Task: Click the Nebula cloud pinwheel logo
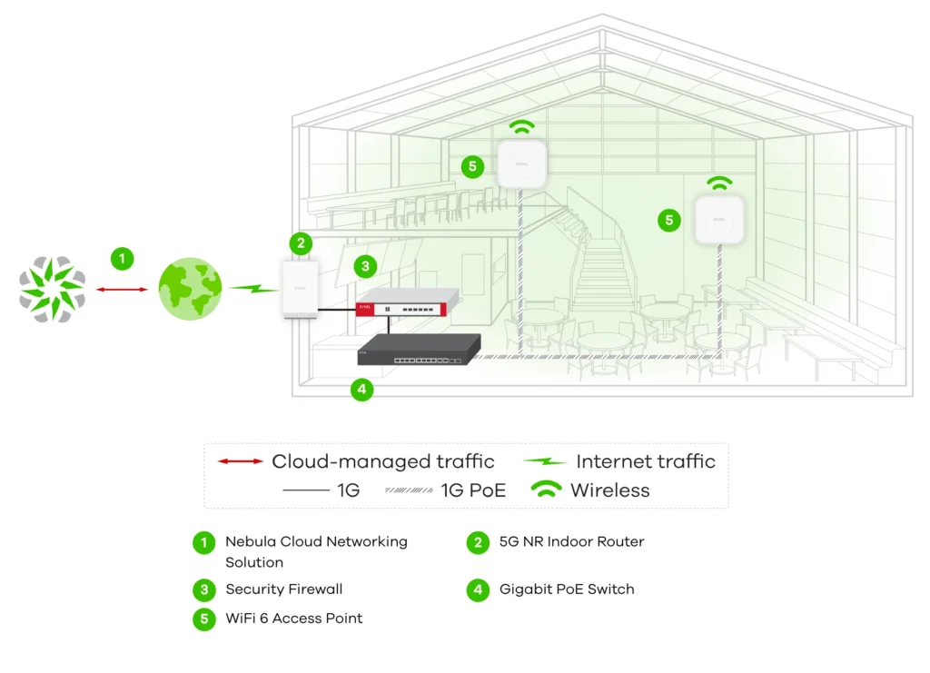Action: point(53,289)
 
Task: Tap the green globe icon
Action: point(191,289)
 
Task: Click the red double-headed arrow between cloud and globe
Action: point(121,289)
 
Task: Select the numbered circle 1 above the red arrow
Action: point(122,258)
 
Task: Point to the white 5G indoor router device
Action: point(299,289)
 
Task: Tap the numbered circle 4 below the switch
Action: point(361,391)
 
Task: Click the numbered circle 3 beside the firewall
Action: point(365,266)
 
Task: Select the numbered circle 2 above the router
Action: point(301,243)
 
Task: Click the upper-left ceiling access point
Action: point(521,164)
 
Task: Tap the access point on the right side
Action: point(719,220)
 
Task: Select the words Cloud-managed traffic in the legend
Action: point(382,461)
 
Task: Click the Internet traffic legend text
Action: point(645,461)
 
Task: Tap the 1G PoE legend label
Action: point(472,490)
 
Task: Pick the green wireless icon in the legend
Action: point(546,490)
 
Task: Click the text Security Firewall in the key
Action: point(283,589)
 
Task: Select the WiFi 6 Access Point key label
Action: point(293,619)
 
